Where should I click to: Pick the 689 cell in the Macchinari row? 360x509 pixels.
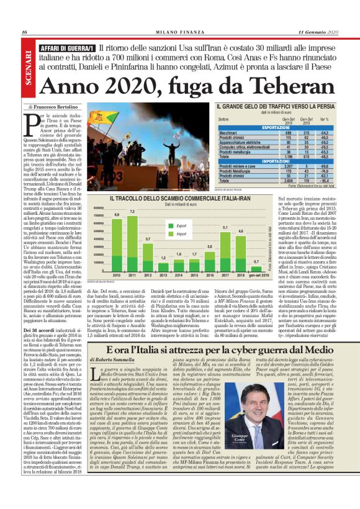pyautogui.click(x=289, y=132)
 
